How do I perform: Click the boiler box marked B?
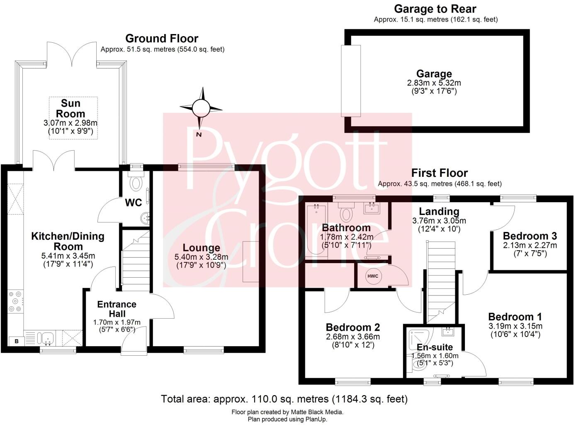17,341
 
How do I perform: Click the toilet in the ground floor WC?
136,182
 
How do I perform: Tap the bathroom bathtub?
316,230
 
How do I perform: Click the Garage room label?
434,74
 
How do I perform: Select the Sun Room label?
70,108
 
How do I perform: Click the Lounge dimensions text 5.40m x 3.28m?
201,257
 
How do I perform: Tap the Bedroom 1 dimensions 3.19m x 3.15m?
515,326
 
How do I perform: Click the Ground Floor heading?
162,39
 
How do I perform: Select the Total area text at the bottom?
284,399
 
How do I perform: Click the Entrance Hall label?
117,309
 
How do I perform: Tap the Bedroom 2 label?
352,327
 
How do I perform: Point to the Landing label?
439,211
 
